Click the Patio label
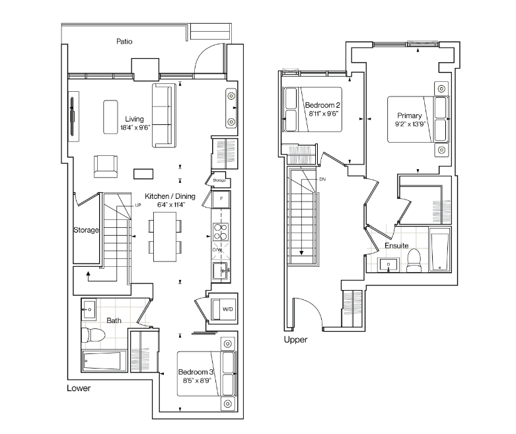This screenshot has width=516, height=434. pyautogui.click(x=124, y=42)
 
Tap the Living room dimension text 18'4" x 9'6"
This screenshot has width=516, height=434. pyautogui.click(x=135, y=127)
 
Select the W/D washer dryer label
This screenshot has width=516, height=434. pyautogui.click(x=228, y=309)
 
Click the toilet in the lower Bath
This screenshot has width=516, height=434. pyautogui.click(x=93, y=336)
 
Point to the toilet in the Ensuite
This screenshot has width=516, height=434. pyautogui.click(x=414, y=260)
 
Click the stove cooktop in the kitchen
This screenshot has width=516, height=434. pyautogui.click(x=221, y=232)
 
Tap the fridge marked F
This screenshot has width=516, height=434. pyautogui.click(x=221, y=199)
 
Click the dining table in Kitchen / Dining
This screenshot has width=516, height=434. pyautogui.click(x=165, y=236)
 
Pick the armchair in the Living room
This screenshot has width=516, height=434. pyautogui.click(x=106, y=166)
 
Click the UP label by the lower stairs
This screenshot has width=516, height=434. pyautogui.click(x=138, y=205)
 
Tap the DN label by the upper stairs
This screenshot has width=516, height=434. pyautogui.click(x=322, y=179)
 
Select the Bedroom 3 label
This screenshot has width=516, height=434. pyautogui.click(x=196, y=372)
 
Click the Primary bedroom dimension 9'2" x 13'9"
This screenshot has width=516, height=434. pyautogui.click(x=410, y=124)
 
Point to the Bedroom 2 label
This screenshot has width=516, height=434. pyautogui.click(x=322, y=105)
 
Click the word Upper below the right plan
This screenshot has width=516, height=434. pyautogui.click(x=295, y=340)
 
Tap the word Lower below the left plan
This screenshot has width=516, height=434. pyautogui.click(x=79, y=388)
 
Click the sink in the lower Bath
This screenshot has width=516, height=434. pyautogui.click(x=89, y=309)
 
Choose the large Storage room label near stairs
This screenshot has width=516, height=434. pyautogui.click(x=86, y=230)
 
